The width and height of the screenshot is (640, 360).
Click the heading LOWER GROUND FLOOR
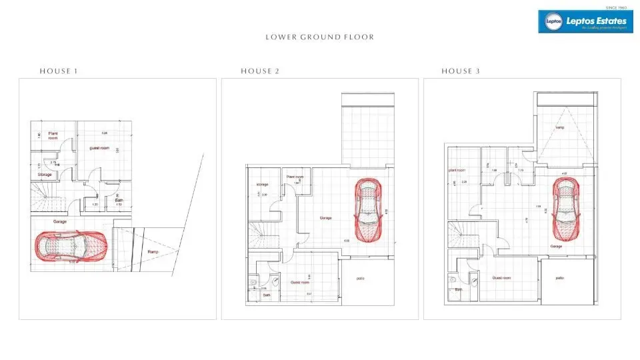tap(319, 37)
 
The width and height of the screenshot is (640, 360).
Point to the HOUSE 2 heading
tap(260, 71)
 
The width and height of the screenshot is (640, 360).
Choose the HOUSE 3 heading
tap(461, 71)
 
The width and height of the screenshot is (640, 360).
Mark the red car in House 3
tap(565, 210)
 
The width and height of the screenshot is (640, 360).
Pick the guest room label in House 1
tap(99, 147)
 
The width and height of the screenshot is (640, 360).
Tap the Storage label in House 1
tap(45, 175)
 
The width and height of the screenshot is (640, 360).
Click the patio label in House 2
tap(361, 279)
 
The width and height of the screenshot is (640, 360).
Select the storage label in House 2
tap(261, 185)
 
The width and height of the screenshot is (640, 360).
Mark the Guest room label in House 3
tap(501, 277)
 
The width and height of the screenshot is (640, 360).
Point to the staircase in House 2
tap(260, 236)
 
